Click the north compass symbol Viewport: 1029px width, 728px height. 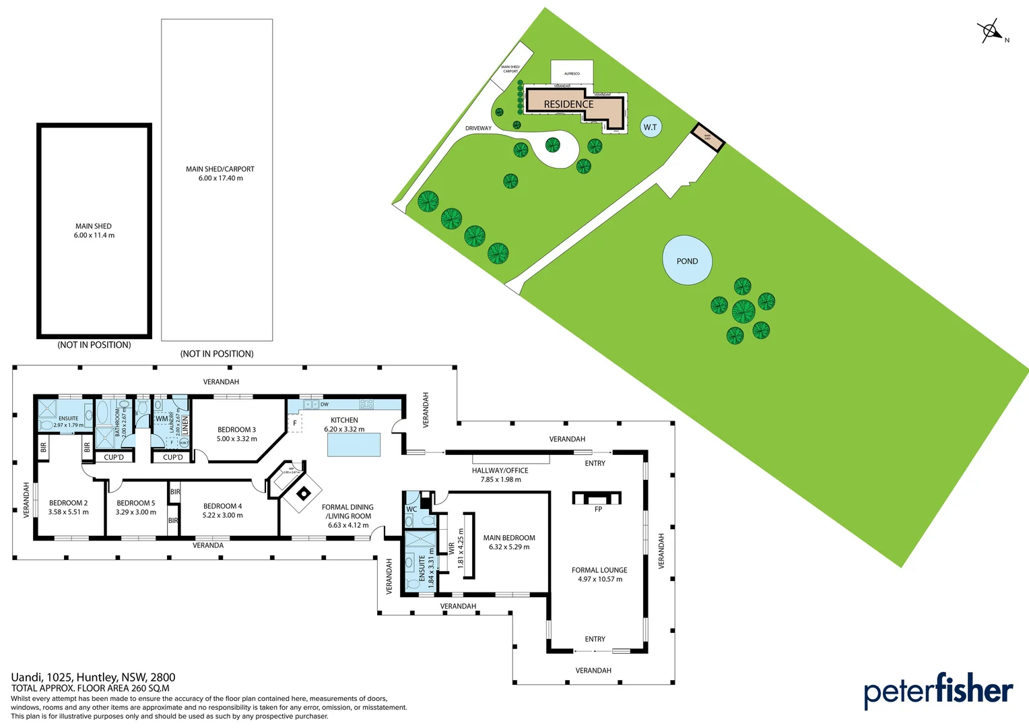pos(991,31)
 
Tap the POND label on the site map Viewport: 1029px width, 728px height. pos(687,261)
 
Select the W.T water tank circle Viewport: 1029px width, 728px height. pos(650,127)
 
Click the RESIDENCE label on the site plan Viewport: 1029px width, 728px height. pos(568,104)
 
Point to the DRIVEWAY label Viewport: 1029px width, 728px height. pos(478,128)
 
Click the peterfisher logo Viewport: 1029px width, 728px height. pos(938,691)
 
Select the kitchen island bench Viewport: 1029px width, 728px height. pos(354,445)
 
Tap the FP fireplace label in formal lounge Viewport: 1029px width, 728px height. pos(598,509)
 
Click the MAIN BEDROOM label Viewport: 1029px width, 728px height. pos(509,538)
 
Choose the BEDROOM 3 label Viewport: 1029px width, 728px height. pos(236,429)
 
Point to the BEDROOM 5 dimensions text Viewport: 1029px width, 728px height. pos(135,512)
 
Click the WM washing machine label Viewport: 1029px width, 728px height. pos(162,419)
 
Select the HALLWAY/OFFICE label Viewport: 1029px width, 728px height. pos(500,471)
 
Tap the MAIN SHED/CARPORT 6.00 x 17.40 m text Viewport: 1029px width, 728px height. pos(220,174)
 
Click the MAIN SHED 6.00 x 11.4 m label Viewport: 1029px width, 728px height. pos(94,231)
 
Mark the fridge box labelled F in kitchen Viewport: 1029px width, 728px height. pos(295,423)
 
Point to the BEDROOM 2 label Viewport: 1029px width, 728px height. pos(68,503)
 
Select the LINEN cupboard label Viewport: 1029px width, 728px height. pos(185,425)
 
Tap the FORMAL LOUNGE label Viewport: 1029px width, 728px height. pos(599,570)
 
